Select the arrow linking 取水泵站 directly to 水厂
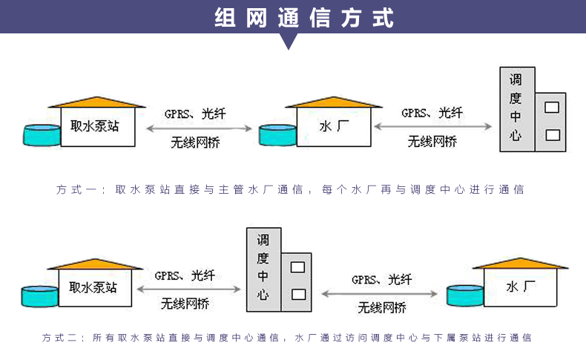tap(195, 128)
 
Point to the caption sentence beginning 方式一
tap(290, 189)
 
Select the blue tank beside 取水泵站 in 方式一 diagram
tap(41, 134)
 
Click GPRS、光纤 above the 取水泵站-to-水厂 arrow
tap(195, 114)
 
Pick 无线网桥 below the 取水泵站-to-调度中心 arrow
tap(185, 303)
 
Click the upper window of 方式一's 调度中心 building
tap(551, 107)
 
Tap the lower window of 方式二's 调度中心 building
tap(298, 294)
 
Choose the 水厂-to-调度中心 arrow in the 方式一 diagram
tap(432, 127)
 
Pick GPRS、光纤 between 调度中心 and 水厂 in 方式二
tap(382, 280)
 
